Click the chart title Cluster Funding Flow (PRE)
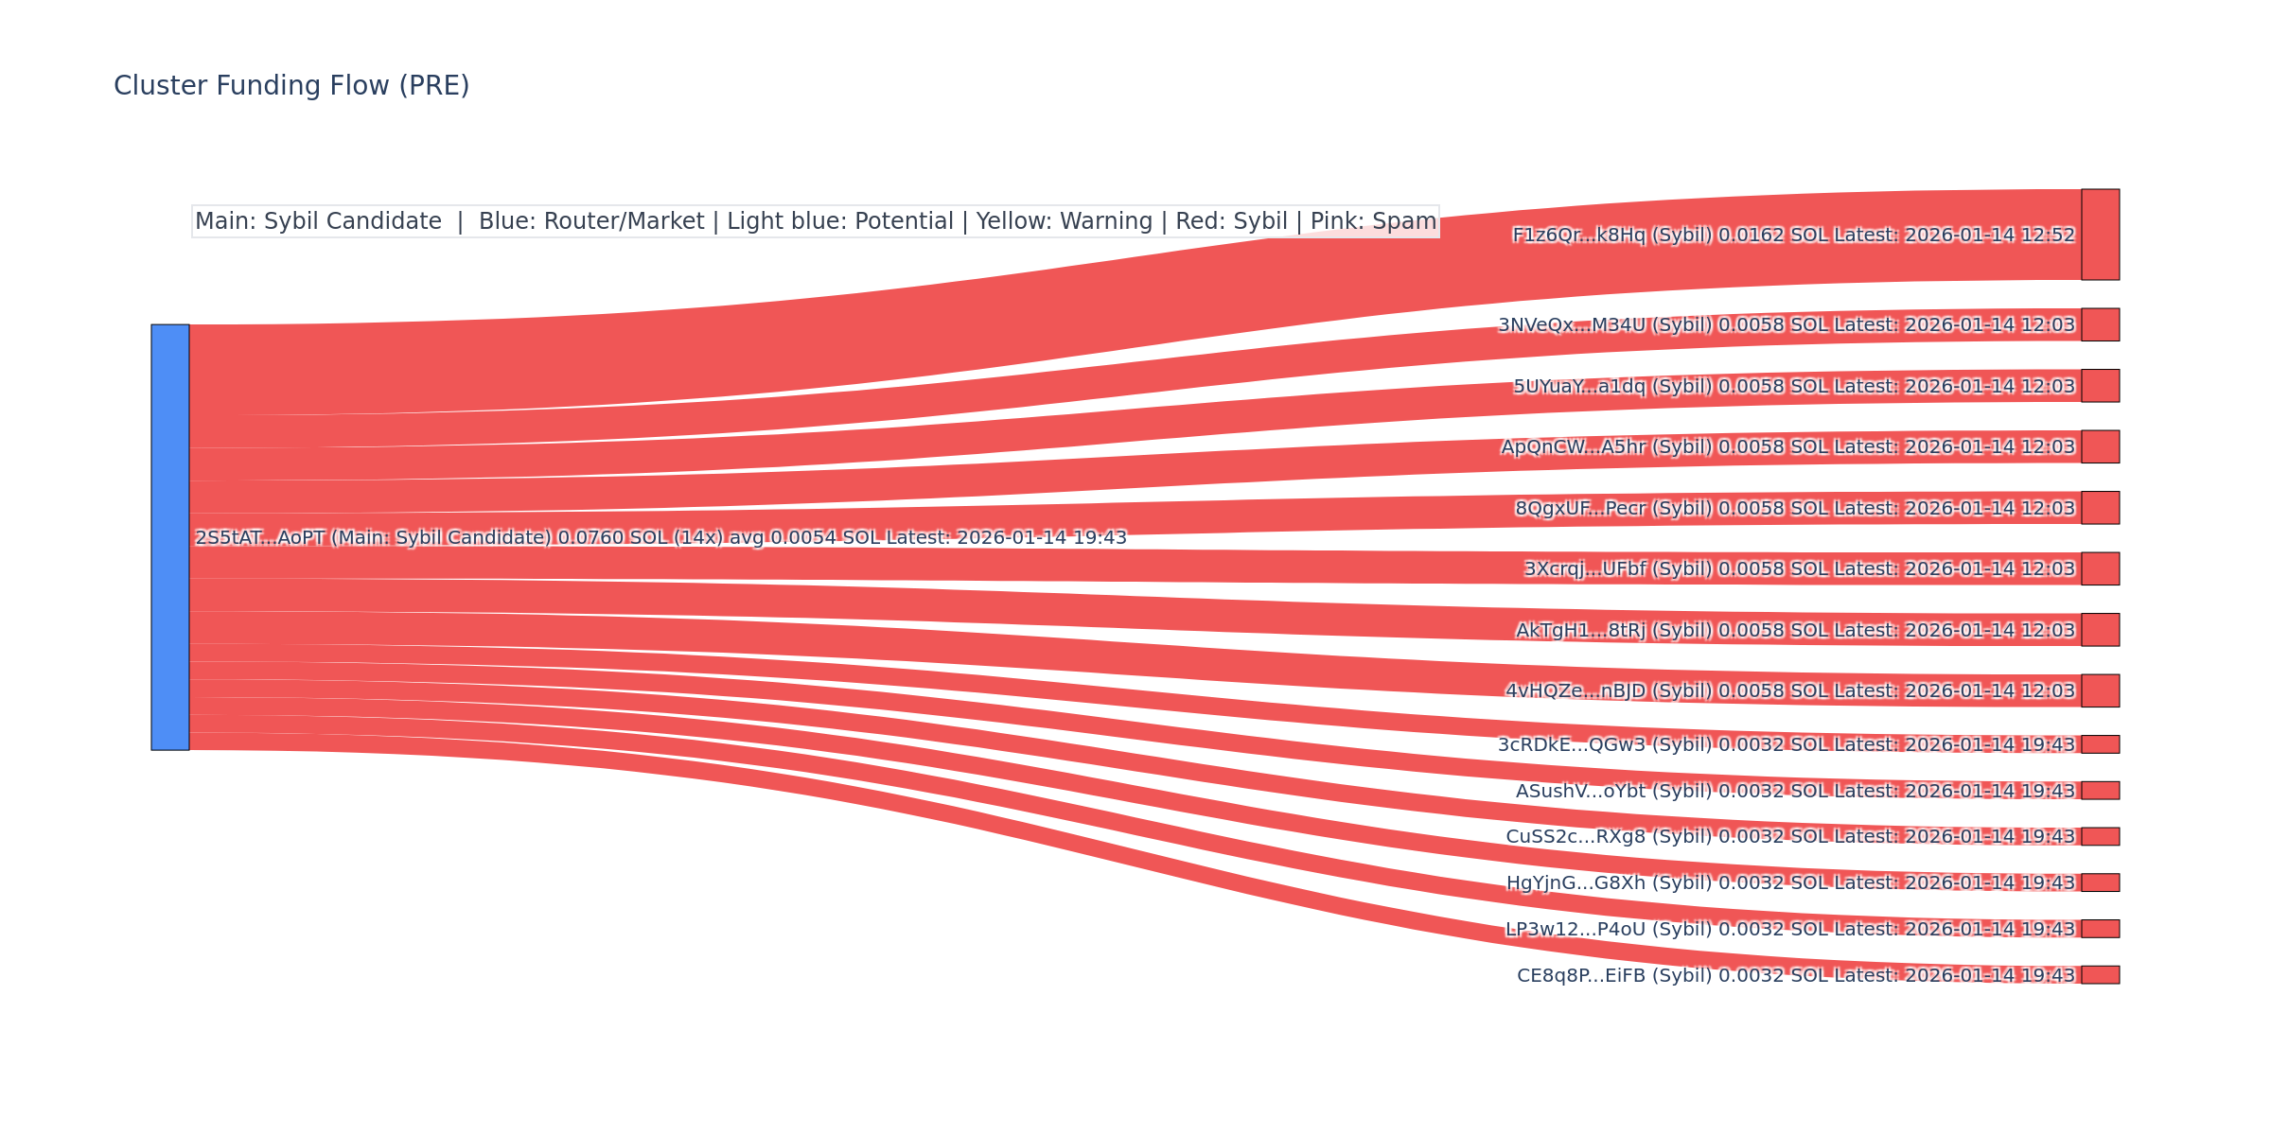[291, 86]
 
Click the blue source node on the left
[170, 537]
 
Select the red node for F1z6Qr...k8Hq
[2100, 235]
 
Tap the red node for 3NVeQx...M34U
[2100, 324]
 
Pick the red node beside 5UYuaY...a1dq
[2100, 386]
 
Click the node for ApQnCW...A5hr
[2100, 446]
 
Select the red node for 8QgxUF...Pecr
[2100, 508]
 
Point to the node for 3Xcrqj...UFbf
[2100, 568]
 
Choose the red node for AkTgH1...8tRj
[2100, 630]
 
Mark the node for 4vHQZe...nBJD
[2100, 690]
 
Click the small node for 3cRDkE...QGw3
[2100, 744]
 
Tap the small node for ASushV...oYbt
[2100, 791]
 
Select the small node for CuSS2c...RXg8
[2100, 836]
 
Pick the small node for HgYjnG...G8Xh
[2100, 882]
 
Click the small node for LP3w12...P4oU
[2100, 929]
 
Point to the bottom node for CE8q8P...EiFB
[2100, 975]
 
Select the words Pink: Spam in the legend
[1373, 221]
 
